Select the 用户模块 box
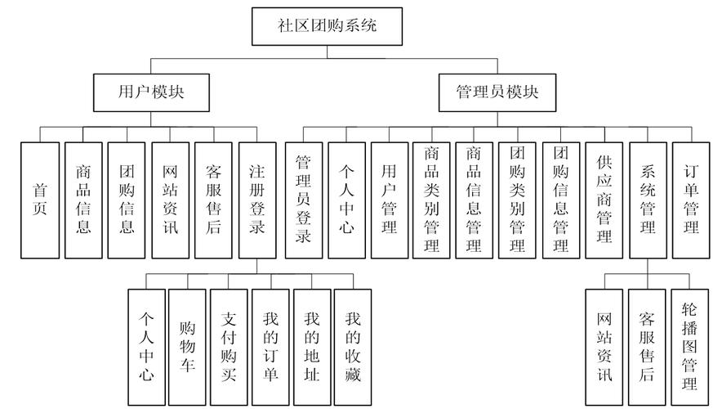[x=140, y=91]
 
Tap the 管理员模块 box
[x=497, y=91]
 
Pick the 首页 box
[x=40, y=200]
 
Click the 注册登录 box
[x=256, y=200]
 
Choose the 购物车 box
[x=187, y=347]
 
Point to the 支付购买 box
[x=229, y=347]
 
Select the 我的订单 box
[x=270, y=347]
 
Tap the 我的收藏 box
[x=354, y=347]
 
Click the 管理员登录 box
[x=304, y=200]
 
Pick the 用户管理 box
[x=390, y=200]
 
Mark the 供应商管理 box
[x=604, y=200]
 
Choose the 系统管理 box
[x=648, y=200]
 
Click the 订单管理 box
[x=691, y=200]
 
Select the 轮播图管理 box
[x=689, y=347]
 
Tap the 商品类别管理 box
[x=432, y=200]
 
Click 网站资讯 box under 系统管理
[x=604, y=347]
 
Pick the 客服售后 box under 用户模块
[x=213, y=200]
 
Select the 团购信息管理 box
[x=561, y=200]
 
